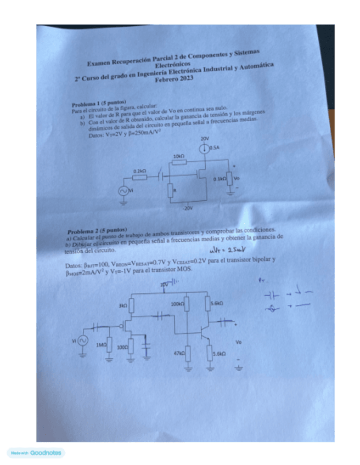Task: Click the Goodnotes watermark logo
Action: pos(36,453)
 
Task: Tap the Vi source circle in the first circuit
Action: pos(123,190)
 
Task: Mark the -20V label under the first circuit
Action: pos(189,209)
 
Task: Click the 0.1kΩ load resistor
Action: pos(229,179)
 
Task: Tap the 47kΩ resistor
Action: pos(188,354)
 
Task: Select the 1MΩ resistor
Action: pos(109,346)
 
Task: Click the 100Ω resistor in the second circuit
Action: pos(132,347)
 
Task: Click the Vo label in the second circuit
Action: pos(238,342)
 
